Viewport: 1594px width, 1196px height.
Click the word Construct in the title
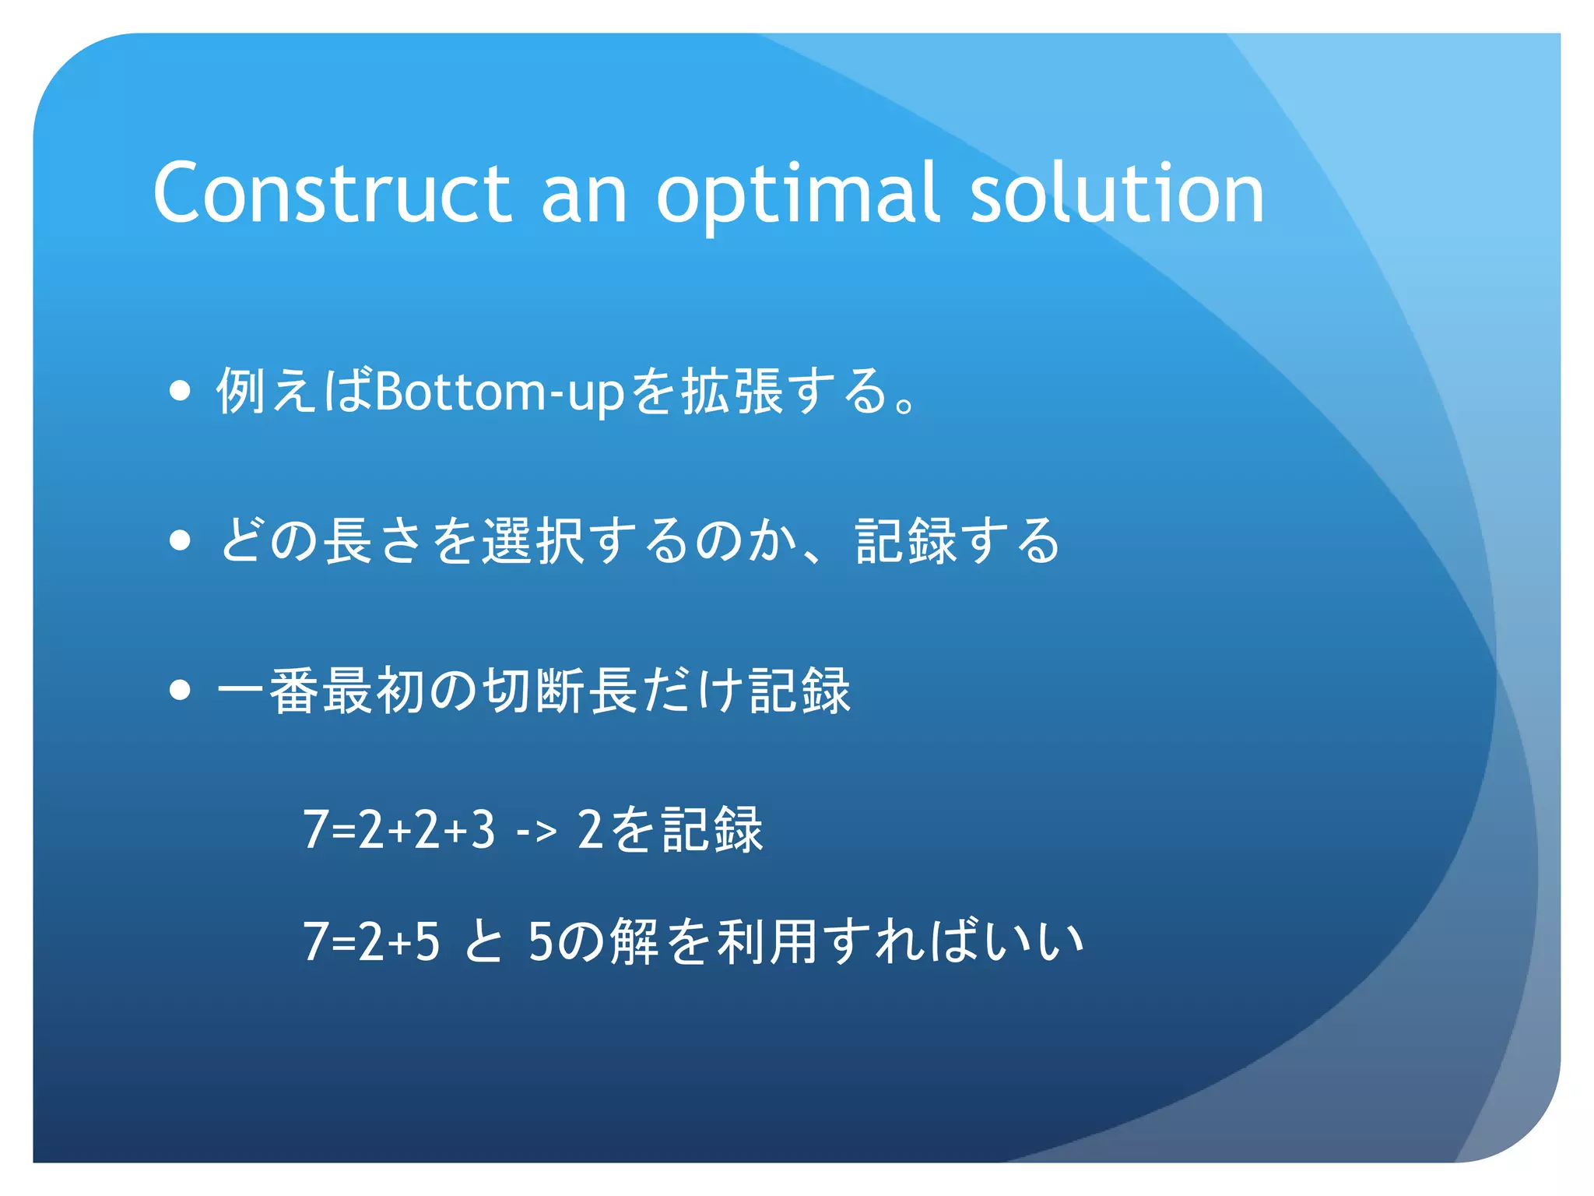click(x=331, y=192)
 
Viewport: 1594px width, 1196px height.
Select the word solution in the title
click(x=1117, y=192)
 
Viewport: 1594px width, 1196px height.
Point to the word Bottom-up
click(x=499, y=392)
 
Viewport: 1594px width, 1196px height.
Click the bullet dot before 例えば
click(x=180, y=390)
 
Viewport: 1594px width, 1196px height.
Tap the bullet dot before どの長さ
click(x=180, y=540)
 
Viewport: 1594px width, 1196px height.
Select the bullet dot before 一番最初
click(x=180, y=689)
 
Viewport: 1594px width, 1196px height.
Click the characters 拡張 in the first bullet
click(x=732, y=390)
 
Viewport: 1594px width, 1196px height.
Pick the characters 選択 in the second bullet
click(x=533, y=540)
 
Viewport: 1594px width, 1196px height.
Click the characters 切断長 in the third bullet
click(x=560, y=690)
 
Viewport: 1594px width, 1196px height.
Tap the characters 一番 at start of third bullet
click(x=269, y=690)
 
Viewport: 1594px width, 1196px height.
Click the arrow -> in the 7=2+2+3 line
click(x=536, y=831)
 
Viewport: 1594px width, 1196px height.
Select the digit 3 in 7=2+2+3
click(x=483, y=829)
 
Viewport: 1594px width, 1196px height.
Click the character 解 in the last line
click(x=634, y=941)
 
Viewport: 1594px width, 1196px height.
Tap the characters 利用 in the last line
click(x=767, y=941)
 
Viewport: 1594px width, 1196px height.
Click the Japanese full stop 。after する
click(x=905, y=405)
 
